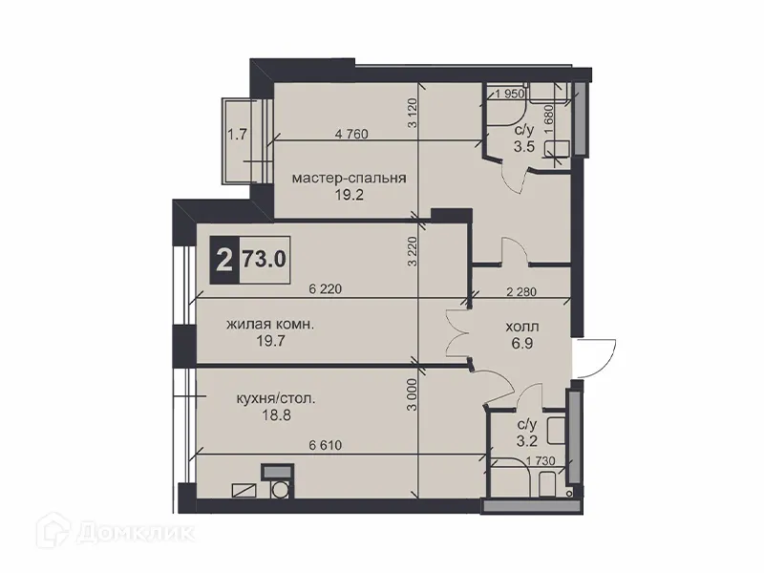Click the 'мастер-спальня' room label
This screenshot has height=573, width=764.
pos(350,179)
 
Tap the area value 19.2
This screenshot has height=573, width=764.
pos(350,197)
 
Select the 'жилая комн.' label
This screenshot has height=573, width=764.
pos(270,326)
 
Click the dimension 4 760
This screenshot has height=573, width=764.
pos(352,134)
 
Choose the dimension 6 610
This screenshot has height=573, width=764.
pos(326,444)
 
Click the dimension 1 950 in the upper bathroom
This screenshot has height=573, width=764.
pos(512,94)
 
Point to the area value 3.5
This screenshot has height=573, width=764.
pos(523,148)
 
